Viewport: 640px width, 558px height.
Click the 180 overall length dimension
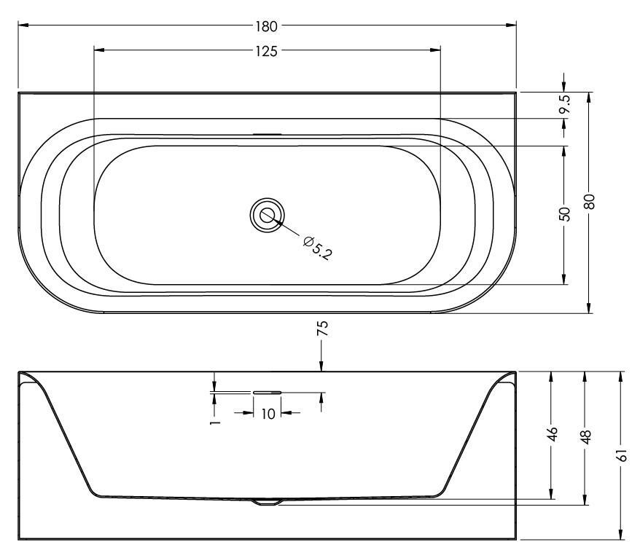[x=267, y=26]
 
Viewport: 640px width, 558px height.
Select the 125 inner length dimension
[x=267, y=52]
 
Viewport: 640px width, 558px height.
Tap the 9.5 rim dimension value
[x=565, y=104]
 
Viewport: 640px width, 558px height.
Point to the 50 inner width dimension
[x=564, y=213]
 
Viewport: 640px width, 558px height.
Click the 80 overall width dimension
[x=590, y=202]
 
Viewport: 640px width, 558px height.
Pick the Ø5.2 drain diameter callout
[x=318, y=248]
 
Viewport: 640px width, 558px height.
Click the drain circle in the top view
[x=268, y=215]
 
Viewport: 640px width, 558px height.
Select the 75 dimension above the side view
[x=322, y=329]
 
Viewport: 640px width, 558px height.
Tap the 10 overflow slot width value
[x=268, y=414]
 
